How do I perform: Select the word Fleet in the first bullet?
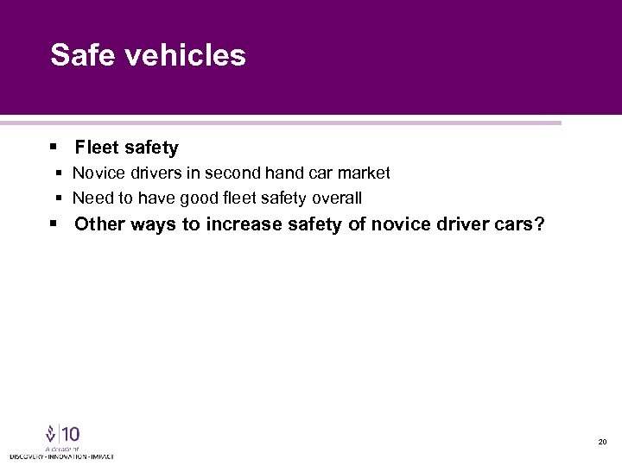pyautogui.click(x=97, y=148)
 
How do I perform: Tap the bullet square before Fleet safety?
pyautogui.click(x=54, y=148)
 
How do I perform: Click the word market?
pyautogui.click(x=364, y=173)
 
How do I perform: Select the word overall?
pyautogui.click(x=335, y=198)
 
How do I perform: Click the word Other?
pyautogui.click(x=99, y=225)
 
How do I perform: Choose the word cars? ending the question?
pyautogui.click(x=518, y=225)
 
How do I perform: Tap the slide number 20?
pyautogui.click(x=601, y=442)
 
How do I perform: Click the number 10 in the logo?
pyautogui.click(x=71, y=433)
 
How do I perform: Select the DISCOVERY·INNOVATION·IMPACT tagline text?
pyautogui.click(x=61, y=456)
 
